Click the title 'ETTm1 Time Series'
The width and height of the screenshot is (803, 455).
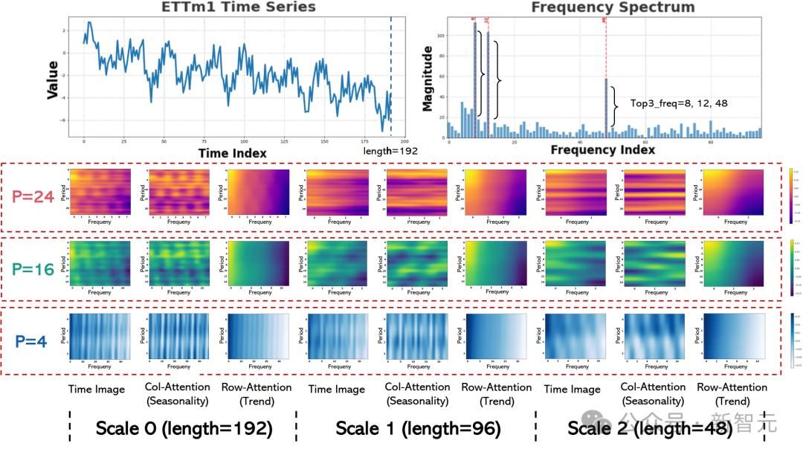[x=238, y=7]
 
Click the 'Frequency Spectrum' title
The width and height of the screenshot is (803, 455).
[x=613, y=7]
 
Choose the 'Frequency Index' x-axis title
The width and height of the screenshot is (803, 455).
[x=603, y=150]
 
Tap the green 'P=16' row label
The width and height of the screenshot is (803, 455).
[x=35, y=269]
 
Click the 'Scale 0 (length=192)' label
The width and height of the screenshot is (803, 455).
[x=183, y=428]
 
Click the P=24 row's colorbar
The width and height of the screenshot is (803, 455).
[x=792, y=193]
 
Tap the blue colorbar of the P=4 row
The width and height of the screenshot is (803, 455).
[x=792, y=341]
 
